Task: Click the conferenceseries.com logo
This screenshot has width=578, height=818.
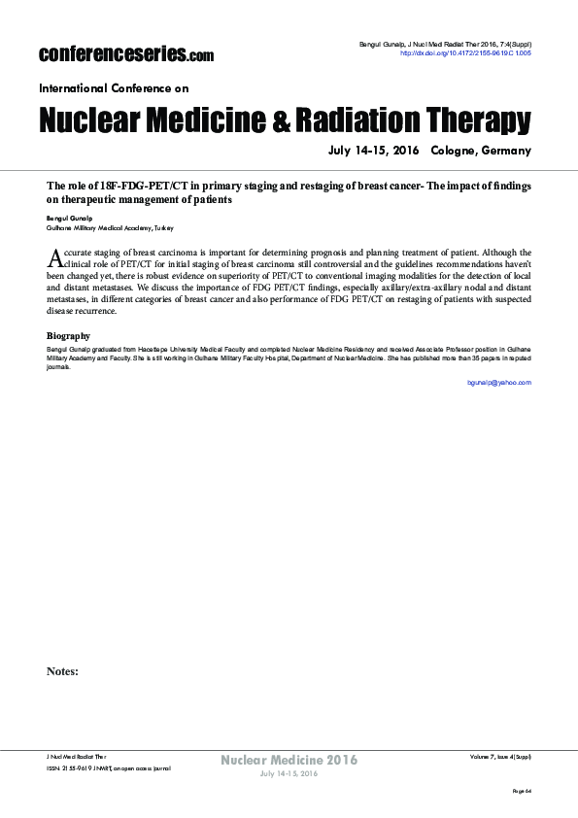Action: [x=125, y=53]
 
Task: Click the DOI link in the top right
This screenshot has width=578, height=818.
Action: [x=466, y=54]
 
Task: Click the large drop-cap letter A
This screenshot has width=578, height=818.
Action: [x=54, y=256]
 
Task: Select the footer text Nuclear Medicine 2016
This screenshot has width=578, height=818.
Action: [x=289, y=759]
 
